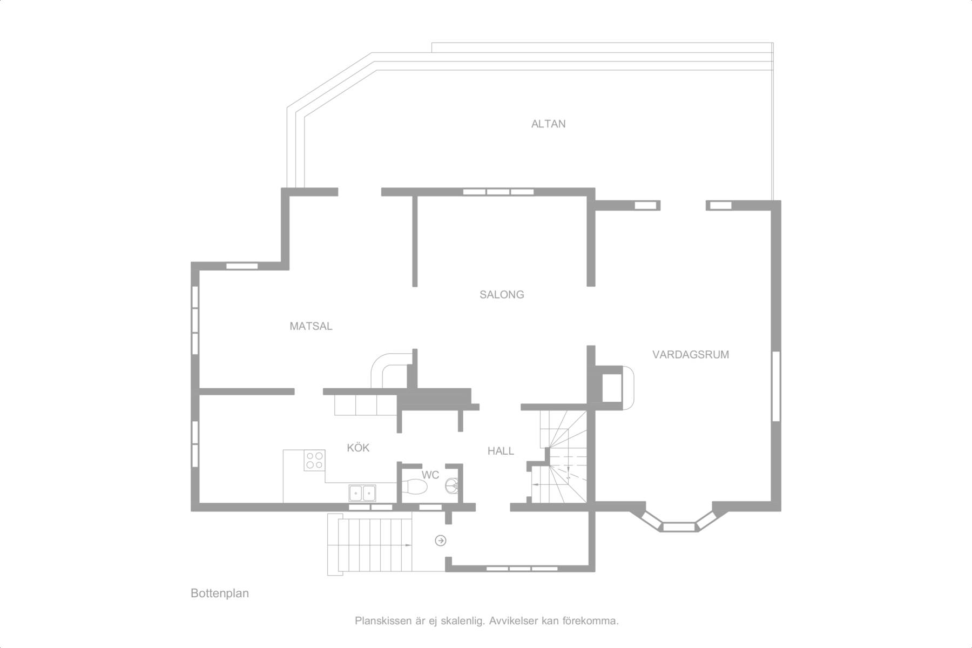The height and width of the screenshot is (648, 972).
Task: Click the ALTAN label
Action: (548, 124)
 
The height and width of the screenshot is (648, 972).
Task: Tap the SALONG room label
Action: (502, 294)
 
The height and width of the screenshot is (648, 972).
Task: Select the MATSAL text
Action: (311, 326)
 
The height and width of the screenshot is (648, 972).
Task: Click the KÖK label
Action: (358, 448)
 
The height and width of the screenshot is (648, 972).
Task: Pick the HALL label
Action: (501, 451)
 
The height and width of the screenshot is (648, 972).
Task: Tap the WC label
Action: (430, 475)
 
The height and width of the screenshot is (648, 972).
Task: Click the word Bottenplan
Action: (220, 593)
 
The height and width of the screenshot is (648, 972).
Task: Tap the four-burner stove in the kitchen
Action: (314, 460)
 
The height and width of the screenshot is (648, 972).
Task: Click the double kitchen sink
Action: (362, 493)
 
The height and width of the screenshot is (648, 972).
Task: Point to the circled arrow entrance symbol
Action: (441, 541)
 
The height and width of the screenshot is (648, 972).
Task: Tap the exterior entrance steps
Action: (370, 544)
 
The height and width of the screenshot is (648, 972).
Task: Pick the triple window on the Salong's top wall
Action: (498, 192)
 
